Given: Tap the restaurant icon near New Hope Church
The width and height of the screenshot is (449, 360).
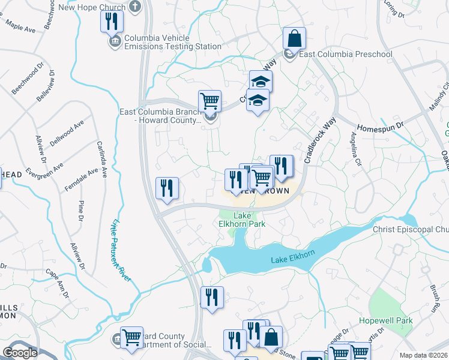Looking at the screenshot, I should tap(112, 22).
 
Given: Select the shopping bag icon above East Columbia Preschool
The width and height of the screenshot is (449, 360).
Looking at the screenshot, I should tap(295, 39).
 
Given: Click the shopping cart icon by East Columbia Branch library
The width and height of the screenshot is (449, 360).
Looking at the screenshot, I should tap(209, 101).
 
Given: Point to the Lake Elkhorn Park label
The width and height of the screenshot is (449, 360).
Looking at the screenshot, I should tap(241, 220).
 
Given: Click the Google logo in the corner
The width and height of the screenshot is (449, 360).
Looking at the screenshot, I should tap(20, 353).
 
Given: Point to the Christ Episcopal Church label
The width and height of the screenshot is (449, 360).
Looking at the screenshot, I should tap(410, 230).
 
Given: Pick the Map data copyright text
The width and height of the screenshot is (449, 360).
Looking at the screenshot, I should tap(424, 355).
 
